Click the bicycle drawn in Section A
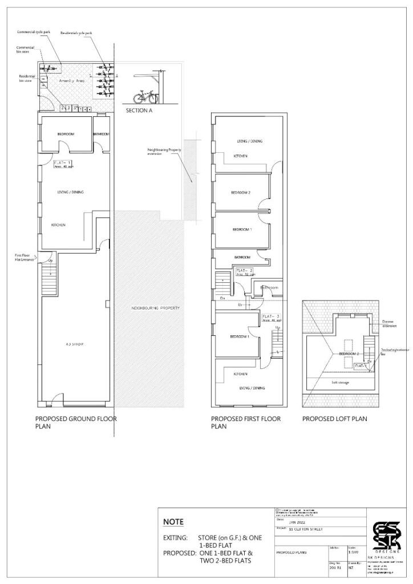click(143, 96)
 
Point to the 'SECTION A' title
click(139, 111)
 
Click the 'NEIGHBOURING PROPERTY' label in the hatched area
click(155, 308)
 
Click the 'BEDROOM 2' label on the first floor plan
click(240, 193)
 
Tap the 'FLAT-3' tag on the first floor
click(269, 316)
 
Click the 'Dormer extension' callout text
click(390, 324)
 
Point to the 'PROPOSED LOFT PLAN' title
click(334, 419)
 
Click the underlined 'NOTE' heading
click(173, 521)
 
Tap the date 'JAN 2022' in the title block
click(297, 521)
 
